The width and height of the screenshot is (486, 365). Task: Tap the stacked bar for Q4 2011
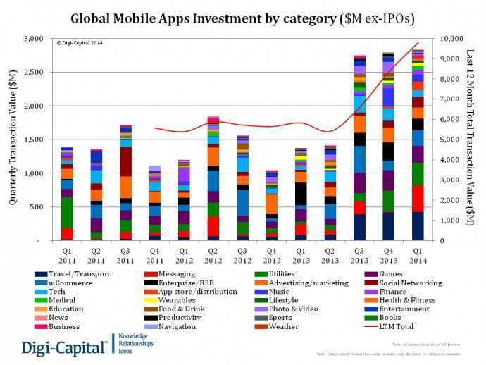click(x=154, y=204)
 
